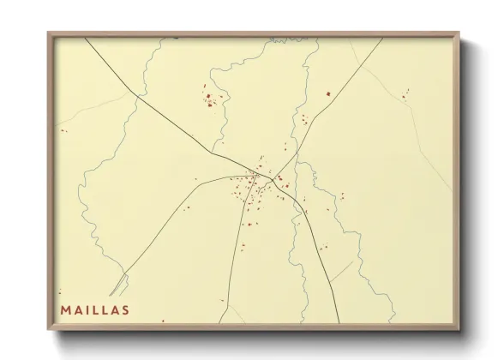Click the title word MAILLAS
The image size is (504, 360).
tap(94, 310)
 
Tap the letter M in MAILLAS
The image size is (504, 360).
tap(65, 310)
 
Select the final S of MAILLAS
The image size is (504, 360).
tap(124, 310)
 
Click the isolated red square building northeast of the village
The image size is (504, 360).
tap(327, 93)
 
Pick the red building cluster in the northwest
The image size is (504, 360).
tap(210, 99)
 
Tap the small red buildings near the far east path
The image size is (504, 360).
tap(404, 94)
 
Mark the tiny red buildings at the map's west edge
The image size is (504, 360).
tap(63, 131)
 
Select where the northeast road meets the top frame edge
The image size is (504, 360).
tap(383, 39)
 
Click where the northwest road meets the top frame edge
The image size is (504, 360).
tap(86, 39)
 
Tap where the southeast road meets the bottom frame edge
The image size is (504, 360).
tap(338, 323)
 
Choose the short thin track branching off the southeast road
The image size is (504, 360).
tap(340, 273)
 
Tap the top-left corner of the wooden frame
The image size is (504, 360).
tap(49, 33)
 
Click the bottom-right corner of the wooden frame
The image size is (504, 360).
tap(459, 329)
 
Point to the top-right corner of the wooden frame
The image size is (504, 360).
tap(459, 33)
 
